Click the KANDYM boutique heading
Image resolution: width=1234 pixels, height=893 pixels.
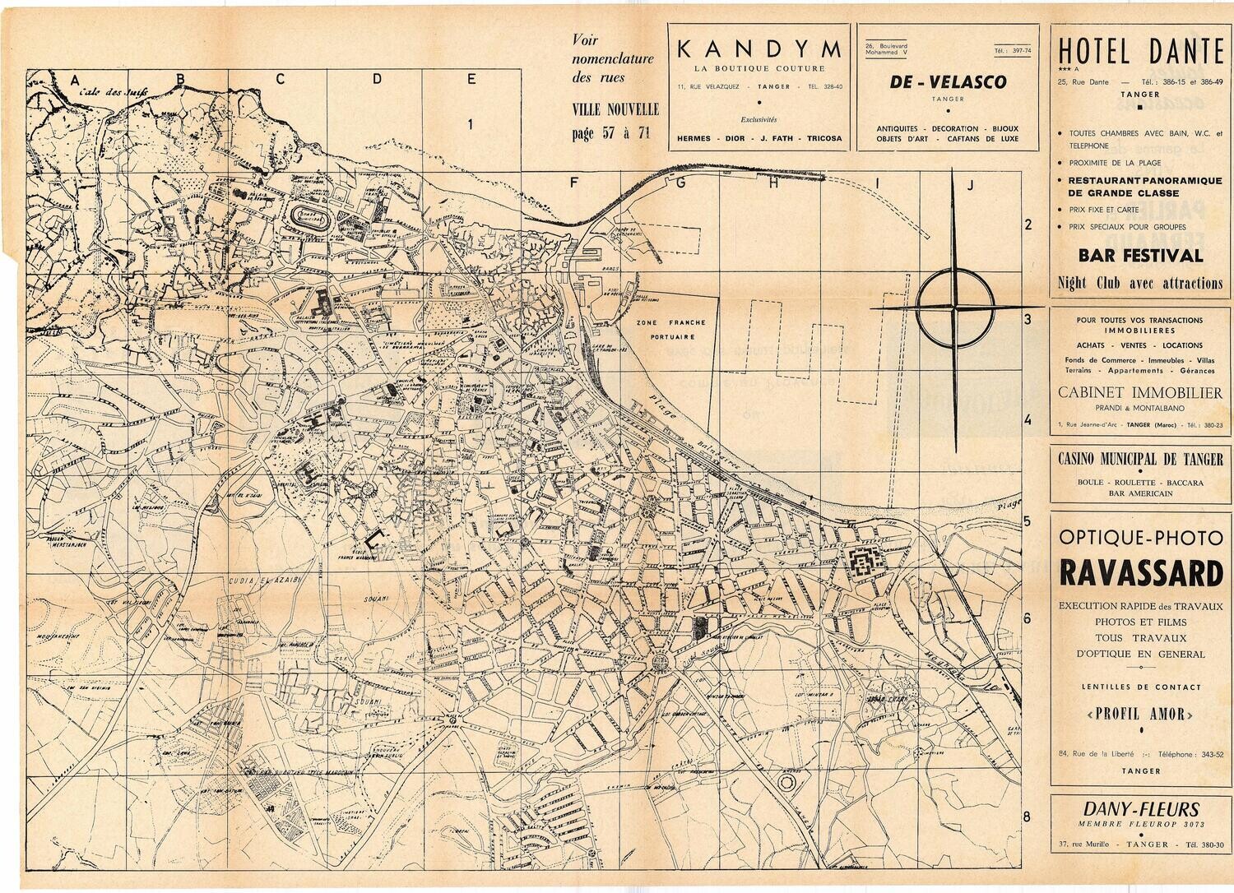coord(759,50)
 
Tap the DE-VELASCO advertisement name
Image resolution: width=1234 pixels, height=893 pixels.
coord(948,82)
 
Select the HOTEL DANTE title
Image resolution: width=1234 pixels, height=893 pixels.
coord(1141,51)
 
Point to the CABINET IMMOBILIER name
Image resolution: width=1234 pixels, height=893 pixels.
coord(1140,393)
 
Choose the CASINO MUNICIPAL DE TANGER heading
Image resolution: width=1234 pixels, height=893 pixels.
coord(1140,460)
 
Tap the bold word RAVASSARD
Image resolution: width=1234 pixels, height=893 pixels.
coord(1140,572)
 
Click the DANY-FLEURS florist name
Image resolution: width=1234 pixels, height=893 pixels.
coord(1140,809)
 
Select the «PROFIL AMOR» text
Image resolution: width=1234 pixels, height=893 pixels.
coord(1140,714)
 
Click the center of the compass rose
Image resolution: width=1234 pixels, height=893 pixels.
coord(955,309)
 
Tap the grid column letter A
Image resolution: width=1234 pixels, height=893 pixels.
coord(75,80)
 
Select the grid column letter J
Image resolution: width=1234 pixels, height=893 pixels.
coord(970,185)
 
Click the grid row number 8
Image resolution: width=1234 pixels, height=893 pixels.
coord(1026,817)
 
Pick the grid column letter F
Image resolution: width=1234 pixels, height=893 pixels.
coord(575,183)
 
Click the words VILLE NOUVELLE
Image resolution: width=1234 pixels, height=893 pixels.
coord(615,109)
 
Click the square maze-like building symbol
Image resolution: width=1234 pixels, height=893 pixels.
coord(861,563)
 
